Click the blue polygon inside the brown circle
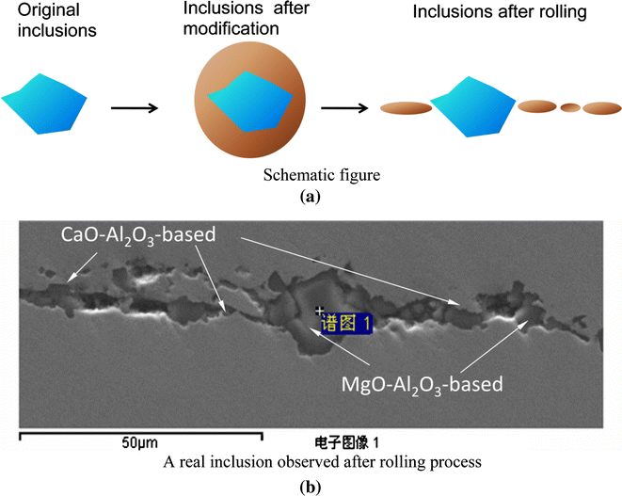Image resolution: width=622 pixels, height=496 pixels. [244, 103]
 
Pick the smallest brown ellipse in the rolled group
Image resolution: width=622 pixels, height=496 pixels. [569, 108]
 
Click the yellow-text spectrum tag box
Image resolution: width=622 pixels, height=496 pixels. [346, 323]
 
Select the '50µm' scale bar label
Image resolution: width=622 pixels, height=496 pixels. [139, 442]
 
